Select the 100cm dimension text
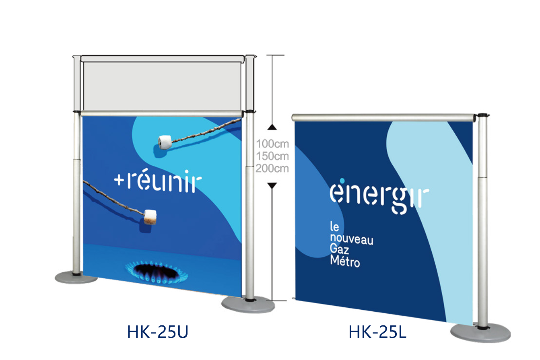click(x=272, y=144)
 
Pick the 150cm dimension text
click(x=272, y=156)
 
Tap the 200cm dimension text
click(x=272, y=168)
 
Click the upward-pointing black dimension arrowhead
click(x=272, y=127)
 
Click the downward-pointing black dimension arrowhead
click(x=272, y=185)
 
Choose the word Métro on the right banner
click(x=344, y=262)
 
